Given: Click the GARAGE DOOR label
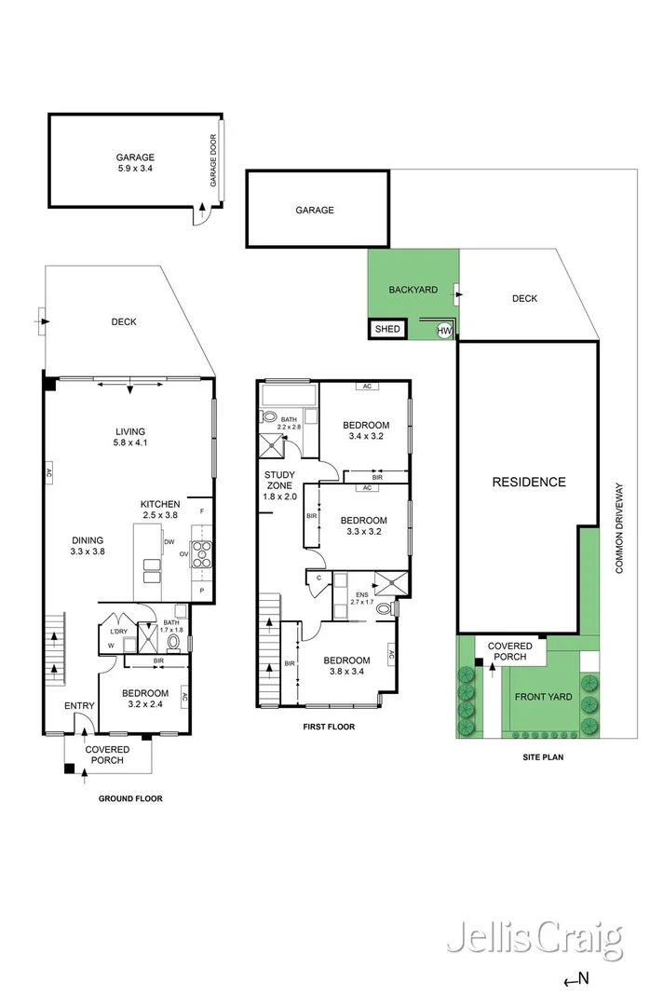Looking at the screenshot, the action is pos(213,160).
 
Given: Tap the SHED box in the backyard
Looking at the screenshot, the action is pos(387,329).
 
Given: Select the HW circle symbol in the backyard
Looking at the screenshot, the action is pos(444,331).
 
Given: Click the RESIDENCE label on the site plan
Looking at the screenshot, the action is pos(529,483).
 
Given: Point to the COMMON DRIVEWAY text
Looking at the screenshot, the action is pos(619,529).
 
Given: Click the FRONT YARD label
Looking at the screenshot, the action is pos(543,697).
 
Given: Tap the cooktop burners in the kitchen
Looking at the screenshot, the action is pos(202,553).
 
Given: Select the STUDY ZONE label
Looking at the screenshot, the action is pos(279,481).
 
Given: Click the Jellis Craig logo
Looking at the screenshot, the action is pos(535,941).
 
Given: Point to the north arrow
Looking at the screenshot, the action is pos(576,979).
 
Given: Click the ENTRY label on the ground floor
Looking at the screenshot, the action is pos(79,705).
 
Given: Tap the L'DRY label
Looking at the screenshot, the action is pos(118,632).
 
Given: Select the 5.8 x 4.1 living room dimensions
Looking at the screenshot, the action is pos(130,443).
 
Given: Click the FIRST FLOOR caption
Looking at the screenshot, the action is pos(329,727).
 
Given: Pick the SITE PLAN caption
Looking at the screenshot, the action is pos(543,756).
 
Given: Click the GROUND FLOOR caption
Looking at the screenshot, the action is pos(130,798).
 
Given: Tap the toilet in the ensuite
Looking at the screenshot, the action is pos(385,609).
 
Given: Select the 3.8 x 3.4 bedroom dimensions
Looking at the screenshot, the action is pos(346,672).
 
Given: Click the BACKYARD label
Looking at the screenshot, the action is pos(413,290).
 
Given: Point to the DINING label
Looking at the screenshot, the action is pos(88,540).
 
